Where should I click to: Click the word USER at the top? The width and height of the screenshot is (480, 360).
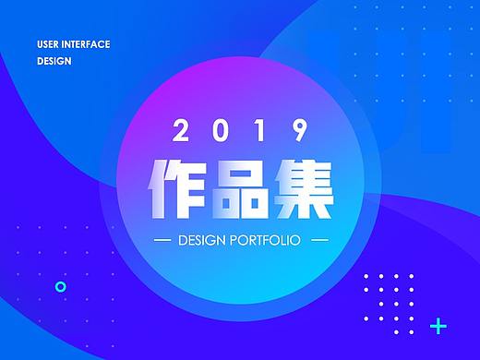click(x=49, y=44)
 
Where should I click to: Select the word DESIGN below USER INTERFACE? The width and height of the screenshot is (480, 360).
click(x=54, y=62)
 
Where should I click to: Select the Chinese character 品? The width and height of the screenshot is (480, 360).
click(x=240, y=189)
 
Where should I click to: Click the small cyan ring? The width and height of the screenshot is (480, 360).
click(x=61, y=286)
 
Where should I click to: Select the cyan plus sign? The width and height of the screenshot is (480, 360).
click(x=439, y=326)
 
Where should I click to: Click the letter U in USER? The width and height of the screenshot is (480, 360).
click(x=40, y=44)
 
